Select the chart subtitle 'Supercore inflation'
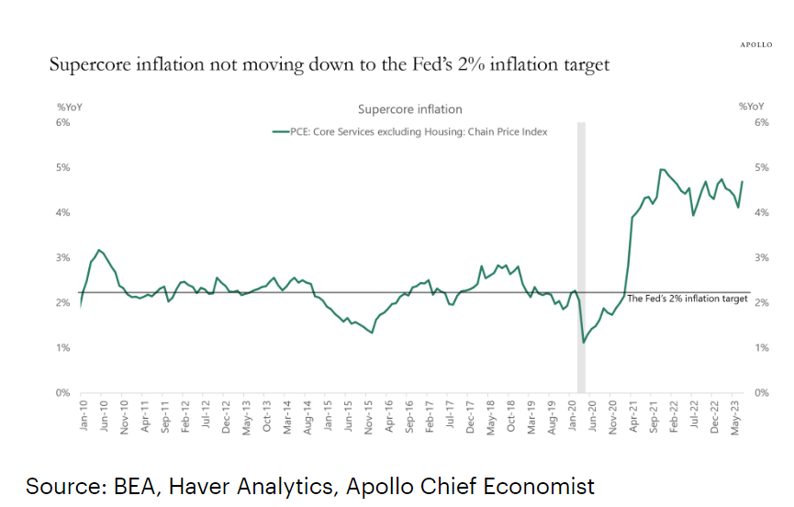[x=409, y=109]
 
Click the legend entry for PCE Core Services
[x=410, y=131]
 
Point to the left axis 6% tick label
[x=64, y=122]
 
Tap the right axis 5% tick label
[x=761, y=167]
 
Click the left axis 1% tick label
[x=64, y=348]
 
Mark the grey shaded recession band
[x=580, y=257]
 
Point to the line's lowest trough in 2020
[x=584, y=343]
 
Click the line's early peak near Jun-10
[x=99, y=250]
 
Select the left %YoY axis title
[x=70, y=107]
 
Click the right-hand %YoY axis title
[x=751, y=107]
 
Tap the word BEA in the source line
[x=130, y=486]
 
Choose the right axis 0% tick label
[x=761, y=393]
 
